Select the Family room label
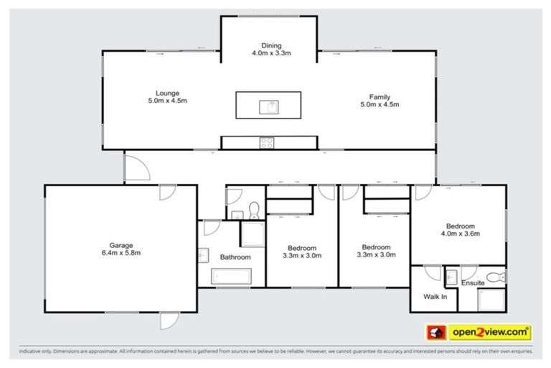[379, 101]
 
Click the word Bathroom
[235, 257]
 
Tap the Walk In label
[435, 296]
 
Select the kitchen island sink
[270, 107]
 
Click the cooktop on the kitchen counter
[267, 142]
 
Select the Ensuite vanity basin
[451, 275]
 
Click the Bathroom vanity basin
[203, 255]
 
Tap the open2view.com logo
[490, 333]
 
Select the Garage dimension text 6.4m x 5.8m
[121, 253]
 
